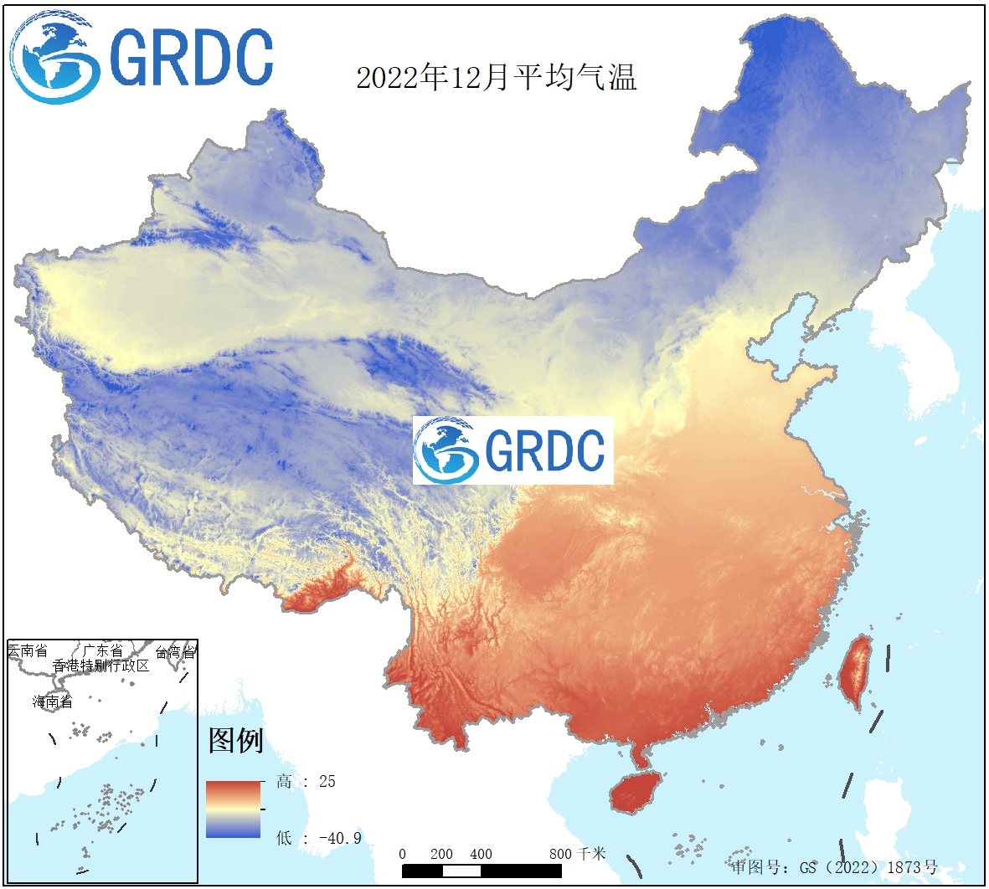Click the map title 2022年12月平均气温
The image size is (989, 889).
coord(497,78)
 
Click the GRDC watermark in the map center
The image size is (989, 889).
coord(513,450)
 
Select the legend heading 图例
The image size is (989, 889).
coord(235,740)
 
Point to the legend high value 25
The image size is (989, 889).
coord(327,781)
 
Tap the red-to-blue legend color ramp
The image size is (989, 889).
coord(234,809)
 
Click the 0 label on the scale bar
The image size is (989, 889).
coord(403,854)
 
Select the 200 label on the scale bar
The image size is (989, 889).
coord(441,854)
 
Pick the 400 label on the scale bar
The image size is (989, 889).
coord(481,854)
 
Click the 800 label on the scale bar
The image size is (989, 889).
coord(560,854)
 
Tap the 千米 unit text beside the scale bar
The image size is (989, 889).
coord(591,854)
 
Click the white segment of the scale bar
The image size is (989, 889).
coord(461,871)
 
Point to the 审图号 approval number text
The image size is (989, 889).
coord(834,867)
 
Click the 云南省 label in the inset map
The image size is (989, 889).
coord(28,650)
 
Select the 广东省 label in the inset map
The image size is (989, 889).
coord(101,650)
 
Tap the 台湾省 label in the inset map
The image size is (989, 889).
coord(175,652)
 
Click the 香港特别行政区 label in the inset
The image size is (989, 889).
coord(100,665)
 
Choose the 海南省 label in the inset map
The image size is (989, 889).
coord(53,701)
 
